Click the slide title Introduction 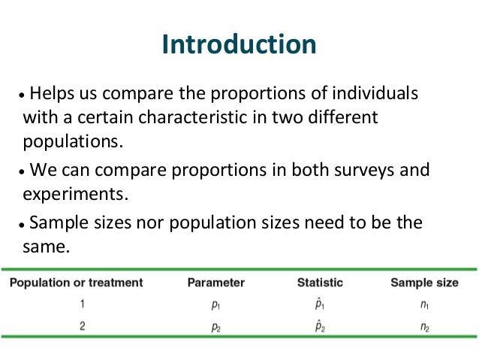click(239, 44)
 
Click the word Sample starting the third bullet click(57, 222)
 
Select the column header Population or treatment click(76, 283)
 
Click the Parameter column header click(216, 283)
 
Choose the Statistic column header click(320, 283)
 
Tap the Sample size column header click(423, 283)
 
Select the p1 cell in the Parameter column click(216, 306)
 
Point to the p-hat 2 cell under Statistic click(320, 327)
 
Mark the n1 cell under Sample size click(424, 306)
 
